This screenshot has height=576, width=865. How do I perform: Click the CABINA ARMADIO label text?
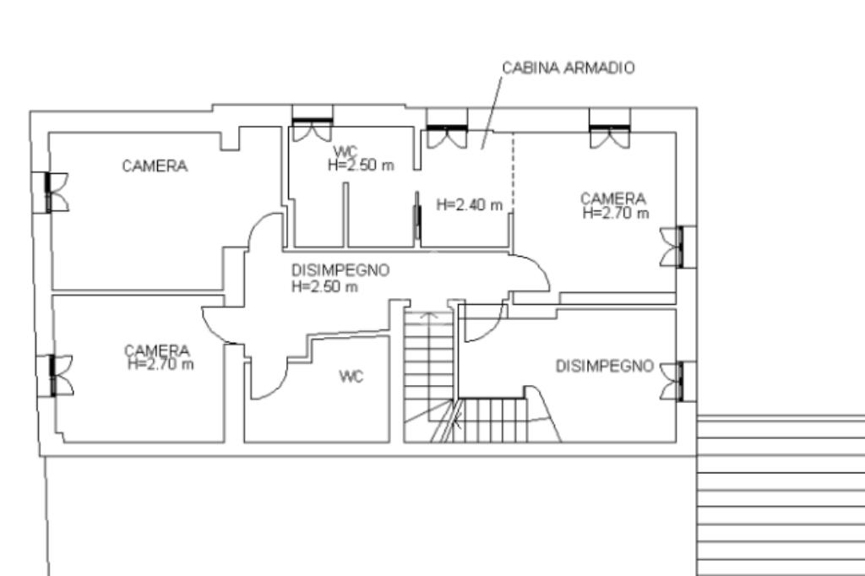568,68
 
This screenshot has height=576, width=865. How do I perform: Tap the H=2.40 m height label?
469,204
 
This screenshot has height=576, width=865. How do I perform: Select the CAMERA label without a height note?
155,166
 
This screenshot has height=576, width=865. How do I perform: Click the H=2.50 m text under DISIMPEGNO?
324,286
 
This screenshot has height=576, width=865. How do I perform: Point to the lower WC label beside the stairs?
351,377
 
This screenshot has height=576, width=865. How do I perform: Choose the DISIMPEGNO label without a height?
604,366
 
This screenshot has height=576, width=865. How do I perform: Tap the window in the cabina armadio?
446,132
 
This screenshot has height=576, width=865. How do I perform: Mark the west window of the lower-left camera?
57,376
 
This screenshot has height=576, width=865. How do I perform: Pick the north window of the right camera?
609,132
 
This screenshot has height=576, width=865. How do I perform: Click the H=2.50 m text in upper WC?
361,166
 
